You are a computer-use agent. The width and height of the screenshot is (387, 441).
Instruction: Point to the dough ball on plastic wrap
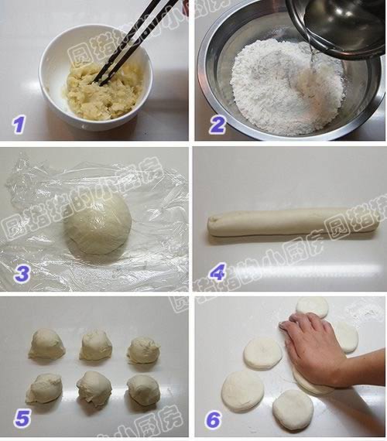[x=98, y=224]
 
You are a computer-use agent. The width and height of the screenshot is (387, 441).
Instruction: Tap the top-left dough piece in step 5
[x=46, y=344]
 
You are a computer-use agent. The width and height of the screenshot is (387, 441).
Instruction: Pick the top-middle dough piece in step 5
[x=96, y=345]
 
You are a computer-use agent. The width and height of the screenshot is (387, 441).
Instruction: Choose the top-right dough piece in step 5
[x=143, y=350]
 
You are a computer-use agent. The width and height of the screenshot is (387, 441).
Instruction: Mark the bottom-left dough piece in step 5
[x=44, y=388]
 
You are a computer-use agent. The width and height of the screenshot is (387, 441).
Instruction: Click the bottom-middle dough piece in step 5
[x=94, y=388]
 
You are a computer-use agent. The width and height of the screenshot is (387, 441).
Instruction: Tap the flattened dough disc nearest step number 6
[x=243, y=391]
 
